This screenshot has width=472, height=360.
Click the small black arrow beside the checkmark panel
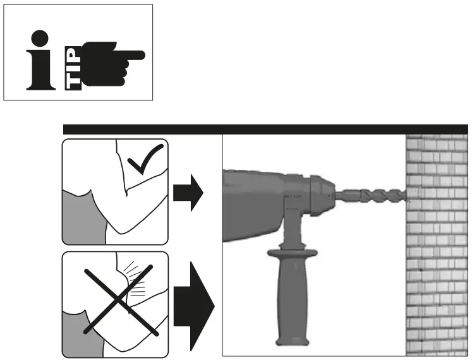coord(188,191)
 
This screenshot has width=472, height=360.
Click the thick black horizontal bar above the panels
coord(265,129)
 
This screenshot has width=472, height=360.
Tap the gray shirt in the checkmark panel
coord(79,218)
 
